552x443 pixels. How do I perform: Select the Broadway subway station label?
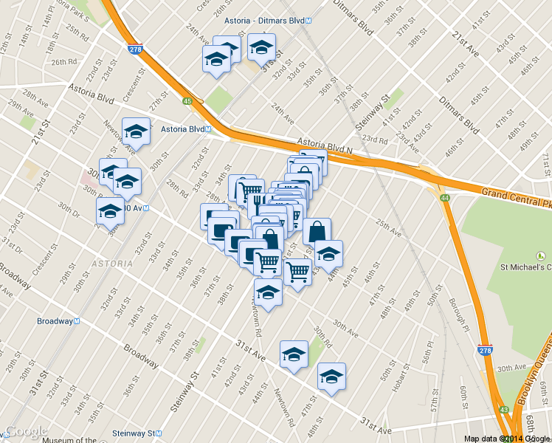58,321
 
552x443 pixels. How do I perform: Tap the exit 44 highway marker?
445,199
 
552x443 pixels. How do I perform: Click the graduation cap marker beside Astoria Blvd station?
136,131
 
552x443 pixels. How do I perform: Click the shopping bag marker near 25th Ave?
317,231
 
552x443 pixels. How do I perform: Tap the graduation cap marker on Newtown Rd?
268,292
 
